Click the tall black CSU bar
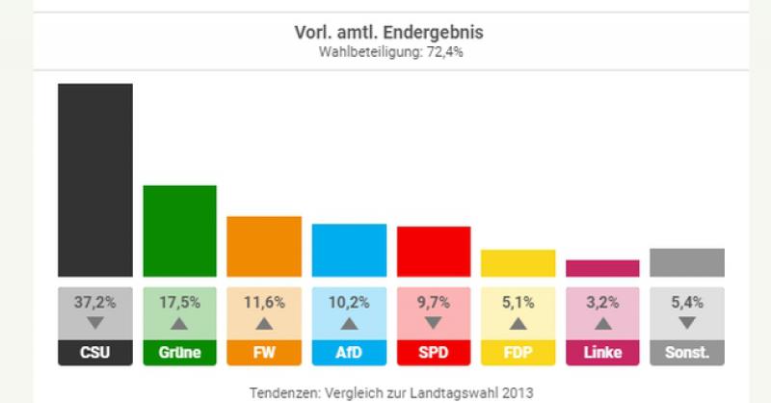pyautogui.click(x=94, y=180)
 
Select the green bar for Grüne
pyautogui.click(x=179, y=231)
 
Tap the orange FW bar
pyautogui.click(x=264, y=247)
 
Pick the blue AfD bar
pyautogui.click(x=349, y=251)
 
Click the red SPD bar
pyautogui.click(x=434, y=252)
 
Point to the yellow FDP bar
pyautogui.click(x=518, y=263)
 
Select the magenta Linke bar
pyautogui.click(x=602, y=268)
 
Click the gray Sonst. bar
pyautogui.click(x=687, y=262)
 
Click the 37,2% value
pyautogui.click(x=94, y=302)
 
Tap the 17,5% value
pyautogui.click(x=179, y=302)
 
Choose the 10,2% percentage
pyautogui.click(x=349, y=302)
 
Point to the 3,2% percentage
pyautogui.click(x=602, y=302)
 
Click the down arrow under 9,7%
pyautogui.click(x=434, y=323)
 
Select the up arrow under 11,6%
pyautogui.click(x=264, y=323)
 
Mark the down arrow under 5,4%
pyautogui.click(x=687, y=323)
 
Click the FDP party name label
pyautogui.click(x=518, y=353)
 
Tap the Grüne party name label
pyautogui.click(x=179, y=353)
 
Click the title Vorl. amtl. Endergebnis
pyautogui.click(x=389, y=33)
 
